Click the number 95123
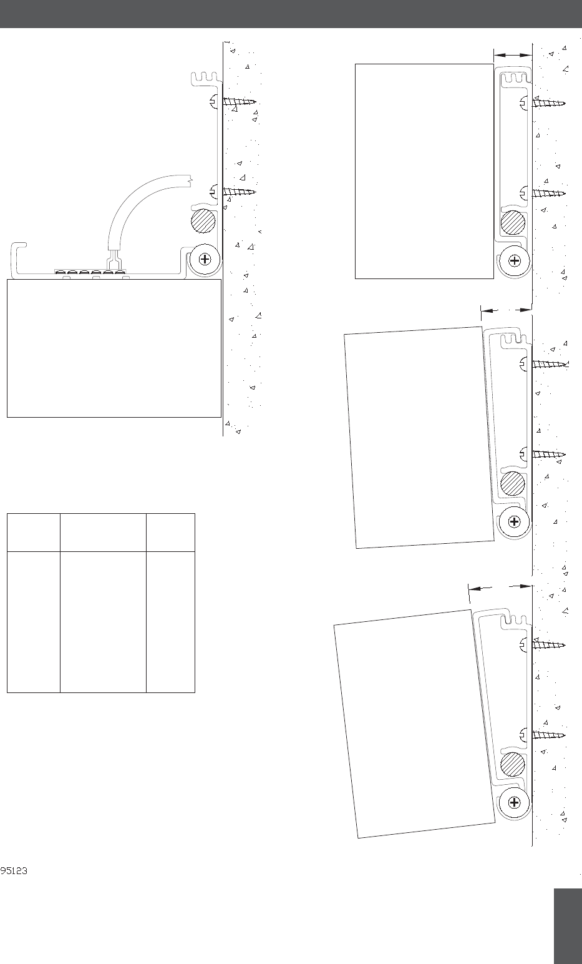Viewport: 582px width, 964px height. [14, 871]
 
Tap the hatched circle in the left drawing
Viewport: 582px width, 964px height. [203, 221]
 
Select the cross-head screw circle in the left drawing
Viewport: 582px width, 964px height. [205, 259]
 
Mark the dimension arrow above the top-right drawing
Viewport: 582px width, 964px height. [513, 55]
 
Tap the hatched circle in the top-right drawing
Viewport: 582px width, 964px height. [513, 223]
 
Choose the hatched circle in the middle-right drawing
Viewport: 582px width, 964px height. [512, 484]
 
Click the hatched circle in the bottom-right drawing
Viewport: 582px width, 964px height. [513, 765]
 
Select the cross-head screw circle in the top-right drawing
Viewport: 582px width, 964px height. [515, 260]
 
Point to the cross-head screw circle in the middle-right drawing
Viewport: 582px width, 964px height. [514, 521]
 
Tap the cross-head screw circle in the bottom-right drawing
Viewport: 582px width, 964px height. [515, 802]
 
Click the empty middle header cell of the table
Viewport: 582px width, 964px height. [103, 533]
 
